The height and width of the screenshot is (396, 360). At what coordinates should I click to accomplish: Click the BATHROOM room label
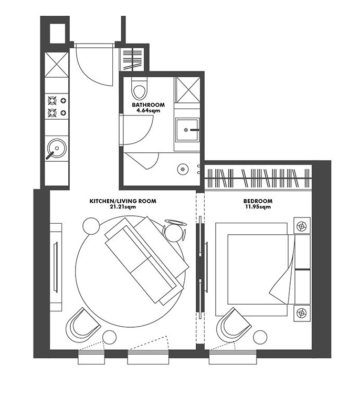pyautogui.click(x=148, y=105)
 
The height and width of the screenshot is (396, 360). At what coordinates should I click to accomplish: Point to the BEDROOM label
pyautogui.click(x=258, y=201)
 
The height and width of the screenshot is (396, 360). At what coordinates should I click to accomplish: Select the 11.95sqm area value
pyautogui.click(x=258, y=207)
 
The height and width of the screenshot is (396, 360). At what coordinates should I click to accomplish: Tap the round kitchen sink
pyautogui.click(x=57, y=148)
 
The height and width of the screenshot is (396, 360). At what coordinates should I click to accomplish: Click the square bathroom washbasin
pyautogui.click(x=187, y=130)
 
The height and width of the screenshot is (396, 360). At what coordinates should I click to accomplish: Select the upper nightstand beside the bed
pyautogui.click(x=302, y=225)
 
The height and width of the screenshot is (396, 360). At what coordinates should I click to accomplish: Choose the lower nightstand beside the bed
pyautogui.click(x=302, y=313)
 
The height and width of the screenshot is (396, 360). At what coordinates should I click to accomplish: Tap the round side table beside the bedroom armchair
pyautogui.click(x=260, y=337)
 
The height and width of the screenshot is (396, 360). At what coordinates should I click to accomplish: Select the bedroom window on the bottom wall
pyautogui.click(x=232, y=357)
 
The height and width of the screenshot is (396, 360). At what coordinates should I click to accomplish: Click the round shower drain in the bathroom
pyautogui.click(x=183, y=169)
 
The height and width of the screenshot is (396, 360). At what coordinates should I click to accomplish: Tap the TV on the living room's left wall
pyautogui.click(x=56, y=267)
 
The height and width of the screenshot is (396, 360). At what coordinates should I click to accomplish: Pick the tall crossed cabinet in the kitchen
pyautogui.click(x=57, y=65)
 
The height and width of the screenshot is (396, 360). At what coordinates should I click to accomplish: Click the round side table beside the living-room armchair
pyautogui.click(x=110, y=337)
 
